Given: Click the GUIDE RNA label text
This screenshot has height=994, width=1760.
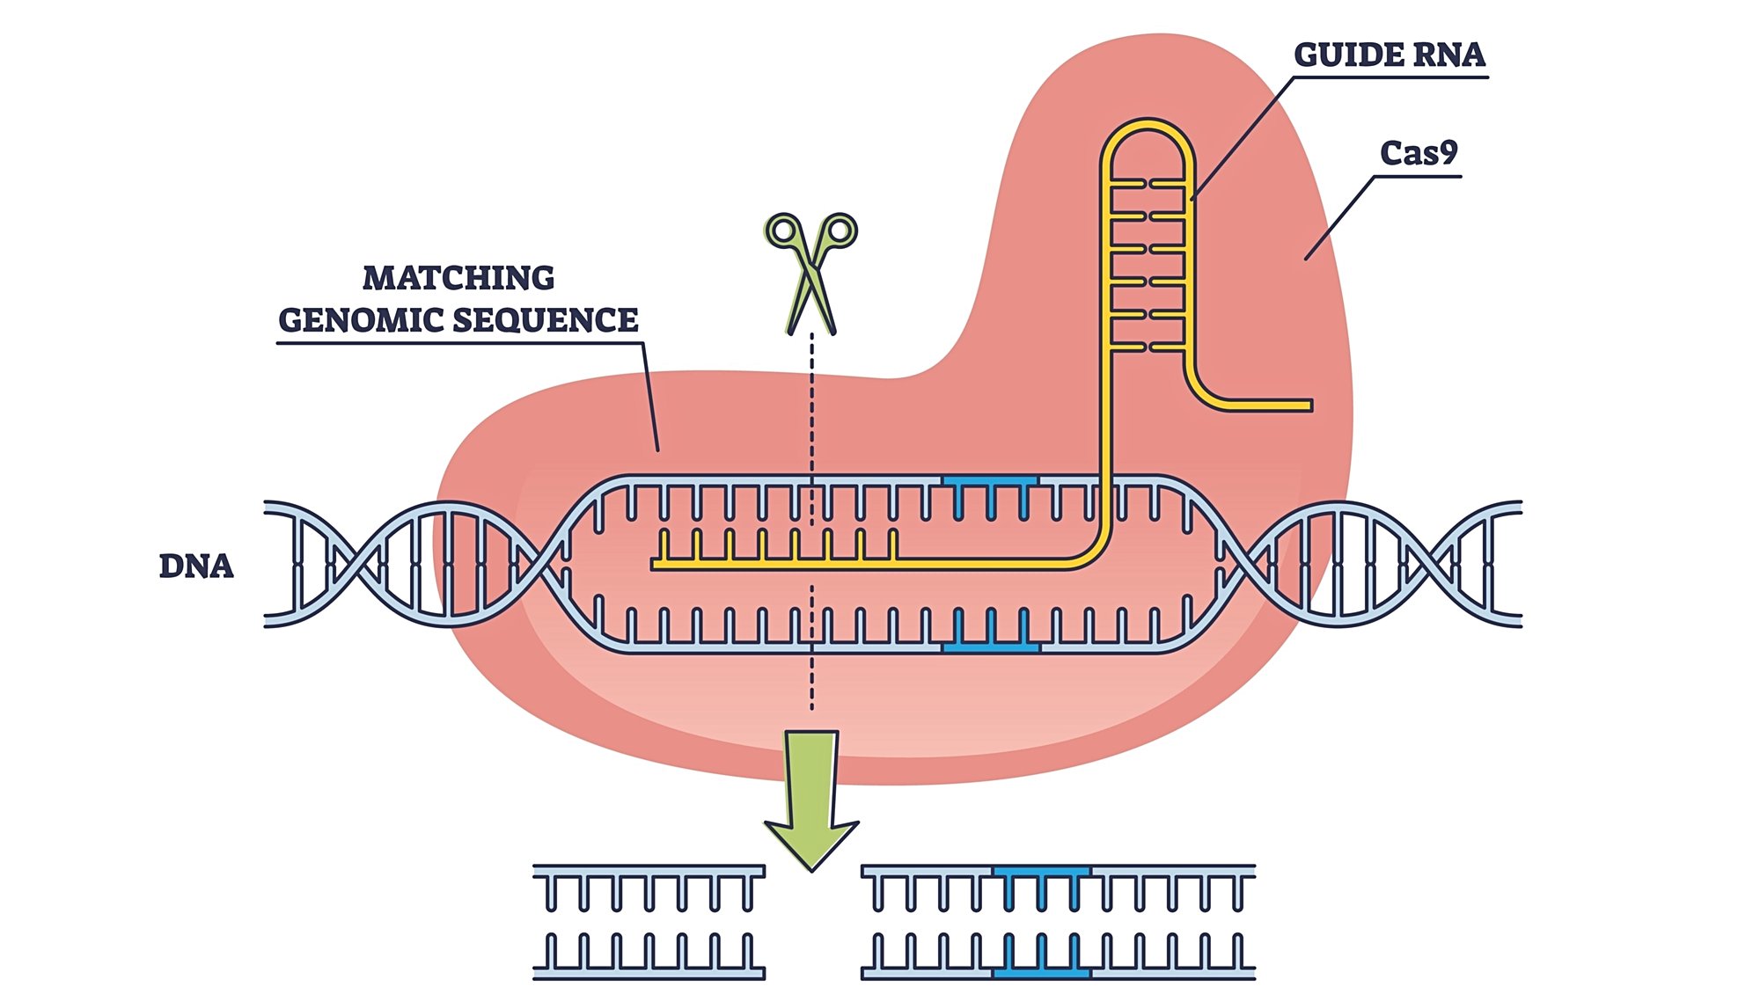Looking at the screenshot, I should click(x=1390, y=55).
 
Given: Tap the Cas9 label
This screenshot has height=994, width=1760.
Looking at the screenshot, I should click(x=1419, y=153).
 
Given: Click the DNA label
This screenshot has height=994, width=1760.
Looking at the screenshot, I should click(x=196, y=566).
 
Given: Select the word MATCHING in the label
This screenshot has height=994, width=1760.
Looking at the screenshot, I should click(x=458, y=278).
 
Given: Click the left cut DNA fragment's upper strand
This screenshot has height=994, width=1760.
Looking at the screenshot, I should click(x=649, y=872).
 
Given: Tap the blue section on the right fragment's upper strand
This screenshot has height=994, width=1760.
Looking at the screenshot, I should click(x=1042, y=872).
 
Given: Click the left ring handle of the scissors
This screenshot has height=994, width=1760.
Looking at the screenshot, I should click(x=782, y=231).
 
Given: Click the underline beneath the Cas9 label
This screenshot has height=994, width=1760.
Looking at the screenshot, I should click(x=1418, y=177).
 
